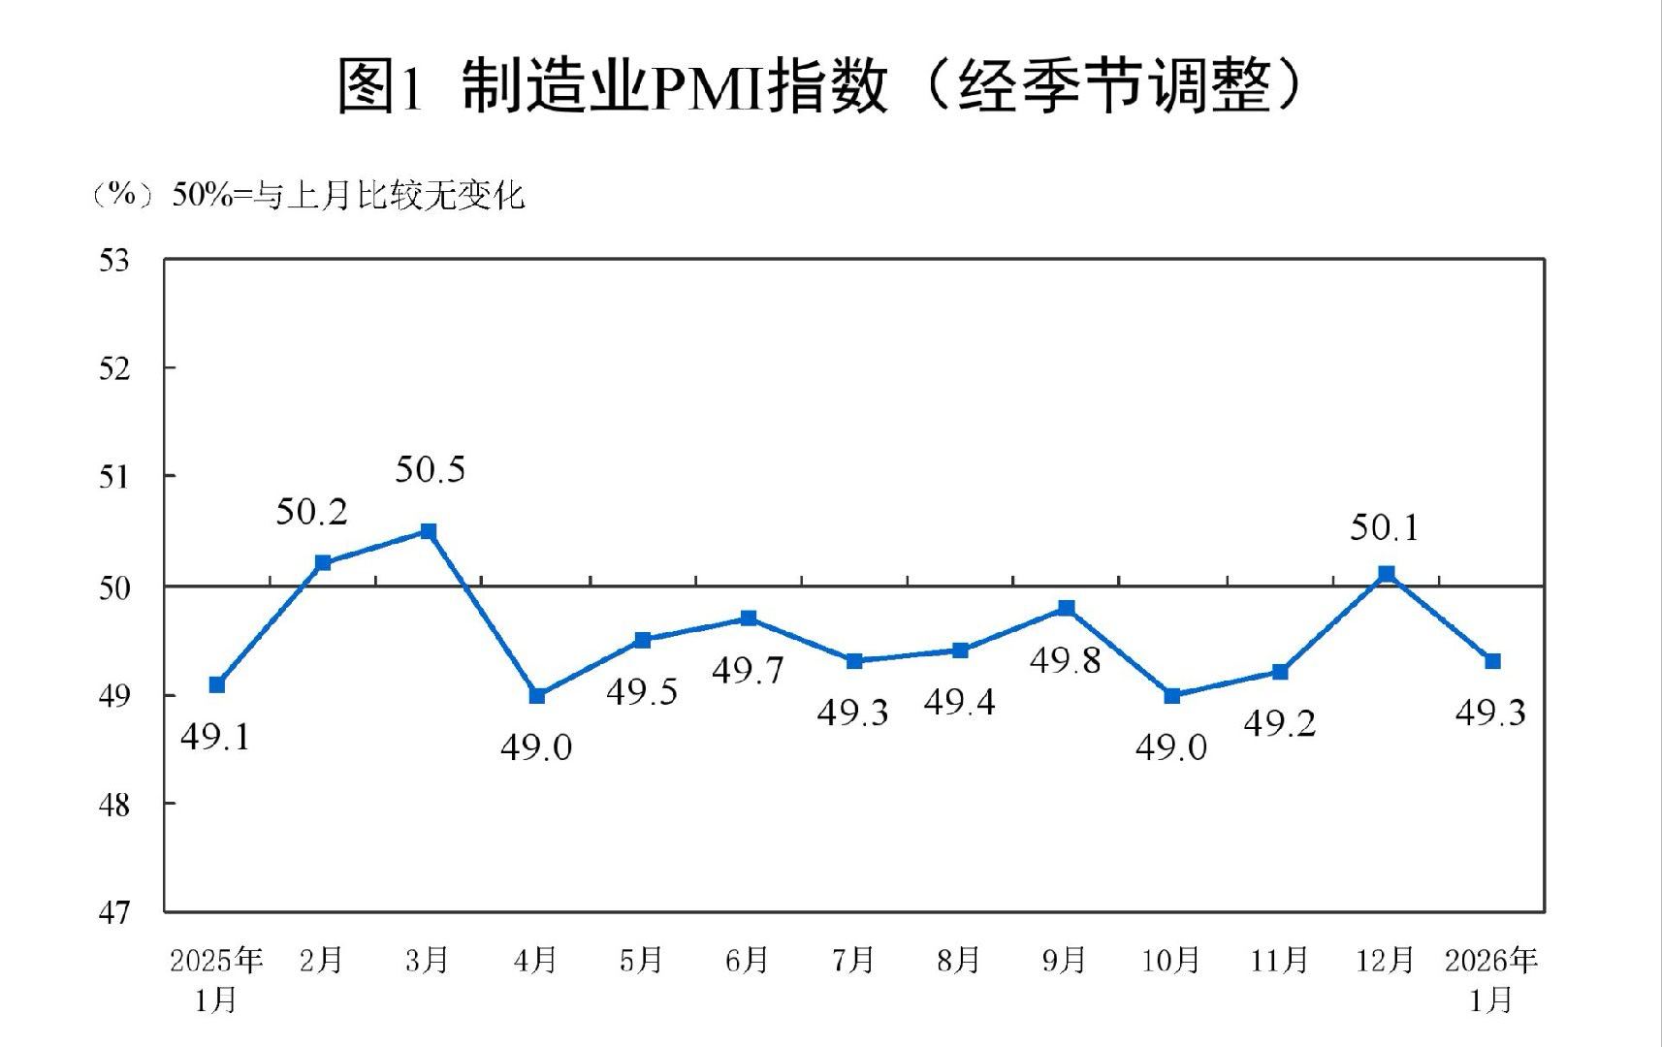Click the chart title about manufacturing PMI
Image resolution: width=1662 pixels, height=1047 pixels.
tap(819, 85)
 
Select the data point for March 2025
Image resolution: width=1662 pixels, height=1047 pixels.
tap(429, 531)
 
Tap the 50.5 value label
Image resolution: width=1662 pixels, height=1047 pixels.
tap(430, 470)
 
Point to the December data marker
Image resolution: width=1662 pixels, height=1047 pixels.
tap(1387, 574)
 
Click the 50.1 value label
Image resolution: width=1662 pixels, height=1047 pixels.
tap(1384, 528)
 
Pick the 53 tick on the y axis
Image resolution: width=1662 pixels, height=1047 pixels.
tap(113, 261)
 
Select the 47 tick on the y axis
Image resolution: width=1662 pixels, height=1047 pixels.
tap(113, 912)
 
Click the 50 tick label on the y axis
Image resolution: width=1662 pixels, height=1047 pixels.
tap(113, 587)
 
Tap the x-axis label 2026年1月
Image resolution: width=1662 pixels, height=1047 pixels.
tap(1491, 979)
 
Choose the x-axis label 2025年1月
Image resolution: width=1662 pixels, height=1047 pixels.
tap(216, 979)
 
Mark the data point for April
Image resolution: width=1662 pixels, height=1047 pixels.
tap(537, 695)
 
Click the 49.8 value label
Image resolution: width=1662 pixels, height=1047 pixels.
tap(1065, 661)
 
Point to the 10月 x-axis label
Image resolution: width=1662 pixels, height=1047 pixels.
tap(1170, 961)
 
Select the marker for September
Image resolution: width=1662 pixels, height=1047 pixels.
tap(1067, 608)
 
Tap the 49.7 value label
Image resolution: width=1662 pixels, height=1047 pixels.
tap(747, 670)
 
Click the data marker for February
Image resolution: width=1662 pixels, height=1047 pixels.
tap(323, 562)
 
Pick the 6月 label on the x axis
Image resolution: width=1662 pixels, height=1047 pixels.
tap(747, 961)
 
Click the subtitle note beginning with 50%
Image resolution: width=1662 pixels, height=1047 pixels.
tap(348, 195)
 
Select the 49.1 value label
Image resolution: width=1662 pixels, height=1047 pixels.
tap(215, 738)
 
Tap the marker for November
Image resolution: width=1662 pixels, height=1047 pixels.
tap(1280, 672)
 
